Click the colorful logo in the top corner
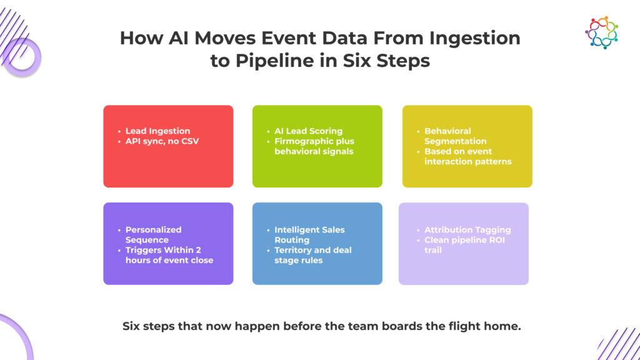pyautogui.click(x=601, y=32)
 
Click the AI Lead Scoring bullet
pyautogui.click(x=308, y=131)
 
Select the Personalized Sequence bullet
pyautogui.click(x=153, y=234)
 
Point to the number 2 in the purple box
pyautogui.click(x=211, y=250)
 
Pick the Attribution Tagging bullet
pyautogui.click(x=467, y=230)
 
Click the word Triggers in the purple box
pyautogui.click(x=145, y=250)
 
